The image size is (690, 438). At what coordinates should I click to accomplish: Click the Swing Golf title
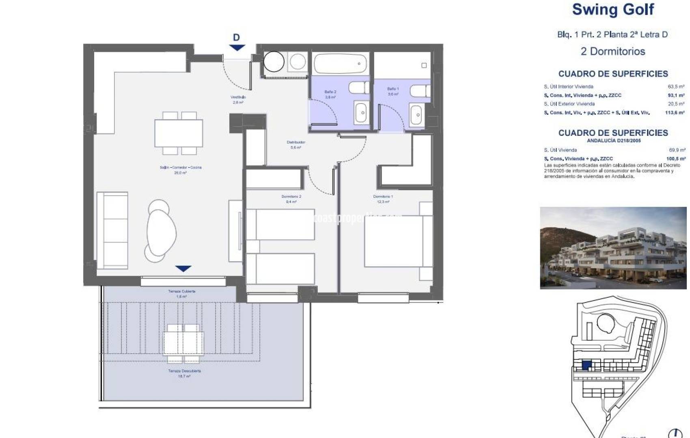tap(613, 9)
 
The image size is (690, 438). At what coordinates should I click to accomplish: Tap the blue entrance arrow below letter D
tap(237, 47)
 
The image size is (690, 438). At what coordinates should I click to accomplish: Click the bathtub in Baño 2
tap(340, 64)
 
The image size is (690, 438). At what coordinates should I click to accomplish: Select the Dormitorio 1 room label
tap(383, 199)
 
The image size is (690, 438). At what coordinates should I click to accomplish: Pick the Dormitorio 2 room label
tap(291, 199)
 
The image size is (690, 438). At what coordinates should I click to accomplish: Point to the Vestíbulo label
tap(238, 99)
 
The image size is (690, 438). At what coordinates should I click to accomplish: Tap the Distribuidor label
tap(295, 145)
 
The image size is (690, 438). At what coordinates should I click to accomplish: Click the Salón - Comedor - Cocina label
tap(180, 170)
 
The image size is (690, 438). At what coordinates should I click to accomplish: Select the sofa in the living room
tap(112, 230)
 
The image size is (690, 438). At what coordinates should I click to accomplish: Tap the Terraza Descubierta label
tap(184, 373)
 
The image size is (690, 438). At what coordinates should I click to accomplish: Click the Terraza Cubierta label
tap(181, 294)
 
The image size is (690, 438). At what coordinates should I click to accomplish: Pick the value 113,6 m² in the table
tap(675, 113)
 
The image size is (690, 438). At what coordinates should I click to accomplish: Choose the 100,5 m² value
tap(675, 159)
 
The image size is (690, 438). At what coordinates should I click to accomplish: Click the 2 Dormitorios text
tap(612, 52)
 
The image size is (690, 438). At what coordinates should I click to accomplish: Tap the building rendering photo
tap(613, 248)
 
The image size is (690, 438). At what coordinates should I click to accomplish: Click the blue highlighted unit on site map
tap(586, 365)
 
